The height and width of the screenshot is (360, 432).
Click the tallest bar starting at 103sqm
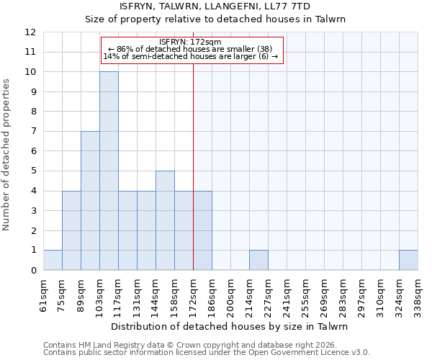coord(109,171)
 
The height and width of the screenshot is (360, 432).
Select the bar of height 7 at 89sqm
coord(90,200)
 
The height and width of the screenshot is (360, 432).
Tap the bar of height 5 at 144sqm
coord(165,220)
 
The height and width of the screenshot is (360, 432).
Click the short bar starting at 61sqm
coord(53,260)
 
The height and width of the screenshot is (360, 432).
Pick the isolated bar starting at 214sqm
coord(258,260)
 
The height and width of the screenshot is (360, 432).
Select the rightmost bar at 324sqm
coord(408,260)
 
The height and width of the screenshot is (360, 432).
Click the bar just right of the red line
coord(202,230)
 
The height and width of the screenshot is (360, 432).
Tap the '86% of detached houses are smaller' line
coord(190,49)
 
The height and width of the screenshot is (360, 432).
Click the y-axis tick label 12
coord(30,32)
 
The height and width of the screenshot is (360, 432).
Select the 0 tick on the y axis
coord(33,271)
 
